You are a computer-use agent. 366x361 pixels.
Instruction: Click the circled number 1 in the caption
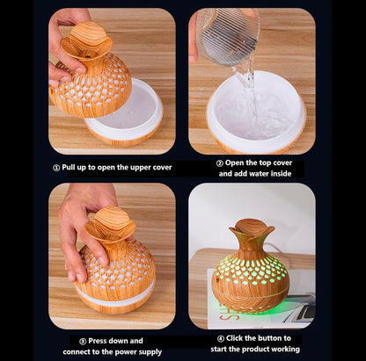(x=57, y=166)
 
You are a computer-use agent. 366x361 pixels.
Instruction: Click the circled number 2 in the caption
(x=219, y=163)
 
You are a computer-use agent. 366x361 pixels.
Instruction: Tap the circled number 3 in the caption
(x=83, y=340)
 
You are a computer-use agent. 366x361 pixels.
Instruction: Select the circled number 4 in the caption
(x=220, y=337)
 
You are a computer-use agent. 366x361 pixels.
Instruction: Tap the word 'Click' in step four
(x=239, y=337)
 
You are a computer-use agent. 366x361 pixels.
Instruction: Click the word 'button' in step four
(x=281, y=337)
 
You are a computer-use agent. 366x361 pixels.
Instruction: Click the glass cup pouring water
(x=226, y=37)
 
